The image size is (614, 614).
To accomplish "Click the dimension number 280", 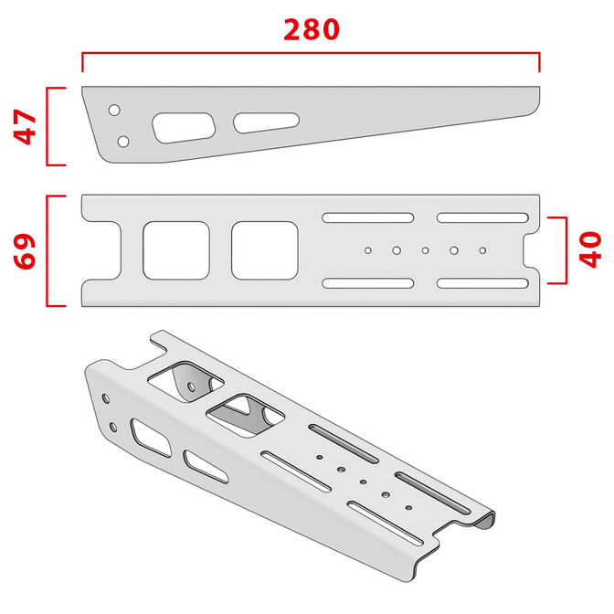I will click(x=311, y=29).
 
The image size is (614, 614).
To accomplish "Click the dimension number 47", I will click(x=26, y=127).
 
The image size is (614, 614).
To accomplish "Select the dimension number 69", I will click(x=26, y=251).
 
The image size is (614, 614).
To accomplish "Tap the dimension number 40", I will click(x=590, y=249).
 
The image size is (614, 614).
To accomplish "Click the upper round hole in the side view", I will click(x=114, y=111).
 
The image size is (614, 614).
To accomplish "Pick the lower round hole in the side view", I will click(x=123, y=141).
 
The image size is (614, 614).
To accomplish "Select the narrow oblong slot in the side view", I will click(x=266, y=122).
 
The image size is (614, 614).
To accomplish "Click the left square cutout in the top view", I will click(x=176, y=250).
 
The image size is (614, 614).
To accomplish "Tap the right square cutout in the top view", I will click(x=264, y=250).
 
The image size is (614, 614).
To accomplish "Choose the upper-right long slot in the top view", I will click(x=482, y=217).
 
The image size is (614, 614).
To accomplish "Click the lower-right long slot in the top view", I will click(x=482, y=283).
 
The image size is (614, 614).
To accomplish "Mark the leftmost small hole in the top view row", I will click(x=367, y=249).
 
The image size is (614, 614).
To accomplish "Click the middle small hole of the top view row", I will click(x=425, y=249).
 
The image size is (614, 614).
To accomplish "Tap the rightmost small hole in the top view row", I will click(x=482, y=249).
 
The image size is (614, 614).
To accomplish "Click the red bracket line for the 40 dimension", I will click(x=566, y=249).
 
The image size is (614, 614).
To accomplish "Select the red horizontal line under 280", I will click(x=311, y=54).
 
